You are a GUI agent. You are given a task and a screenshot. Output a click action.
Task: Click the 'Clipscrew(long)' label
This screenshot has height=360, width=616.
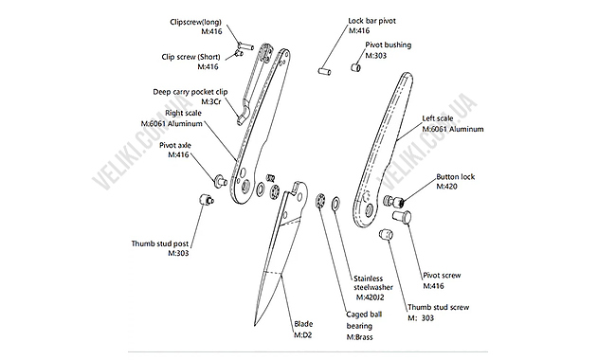[x=195, y=22]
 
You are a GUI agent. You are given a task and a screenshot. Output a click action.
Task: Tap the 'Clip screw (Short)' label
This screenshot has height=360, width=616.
[x=190, y=57]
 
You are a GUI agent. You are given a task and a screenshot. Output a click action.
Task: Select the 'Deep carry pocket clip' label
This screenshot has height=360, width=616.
[x=190, y=92]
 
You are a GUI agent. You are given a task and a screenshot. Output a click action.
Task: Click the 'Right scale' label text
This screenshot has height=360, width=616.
[x=183, y=113]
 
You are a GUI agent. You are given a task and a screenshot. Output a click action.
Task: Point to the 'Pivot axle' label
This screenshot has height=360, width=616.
[x=175, y=145]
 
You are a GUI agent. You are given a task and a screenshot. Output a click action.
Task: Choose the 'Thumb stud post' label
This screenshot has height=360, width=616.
[x=160, y=243]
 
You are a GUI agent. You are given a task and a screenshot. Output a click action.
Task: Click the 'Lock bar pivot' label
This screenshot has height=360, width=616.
[x=372, y=21]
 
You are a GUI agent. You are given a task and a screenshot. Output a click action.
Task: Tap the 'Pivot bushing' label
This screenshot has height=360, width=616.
[x=389, y=45]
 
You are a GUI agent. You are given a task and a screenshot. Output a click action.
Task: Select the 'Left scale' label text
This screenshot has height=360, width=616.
[x=438, y=118]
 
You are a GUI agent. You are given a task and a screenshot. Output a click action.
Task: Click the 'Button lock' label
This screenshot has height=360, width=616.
[x=456, y=177]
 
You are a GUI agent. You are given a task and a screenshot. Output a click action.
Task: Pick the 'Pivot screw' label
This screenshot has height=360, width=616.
[x=442, y=276]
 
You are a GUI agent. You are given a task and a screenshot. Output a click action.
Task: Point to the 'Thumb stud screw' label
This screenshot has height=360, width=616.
[x=439, y=307]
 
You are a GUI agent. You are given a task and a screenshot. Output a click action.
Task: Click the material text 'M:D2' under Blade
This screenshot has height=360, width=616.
[x=303, y=335]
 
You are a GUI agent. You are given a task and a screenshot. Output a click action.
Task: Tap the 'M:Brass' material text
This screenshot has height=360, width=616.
[x=359, y=337]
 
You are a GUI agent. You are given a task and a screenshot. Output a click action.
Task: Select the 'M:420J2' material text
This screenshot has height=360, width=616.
[x=370, y=297]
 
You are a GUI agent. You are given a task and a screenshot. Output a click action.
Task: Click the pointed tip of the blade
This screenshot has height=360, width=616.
[x=255, y=326]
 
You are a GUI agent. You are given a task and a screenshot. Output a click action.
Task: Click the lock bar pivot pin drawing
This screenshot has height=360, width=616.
[x=324, y=71]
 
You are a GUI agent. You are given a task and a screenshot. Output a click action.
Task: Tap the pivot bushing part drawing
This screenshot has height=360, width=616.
[x=356, y=67]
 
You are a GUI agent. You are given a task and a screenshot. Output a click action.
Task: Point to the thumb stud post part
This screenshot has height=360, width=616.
[x=207, y=200]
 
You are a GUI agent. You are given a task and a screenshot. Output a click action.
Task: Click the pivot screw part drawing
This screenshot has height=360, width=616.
[x=402, y=217]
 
